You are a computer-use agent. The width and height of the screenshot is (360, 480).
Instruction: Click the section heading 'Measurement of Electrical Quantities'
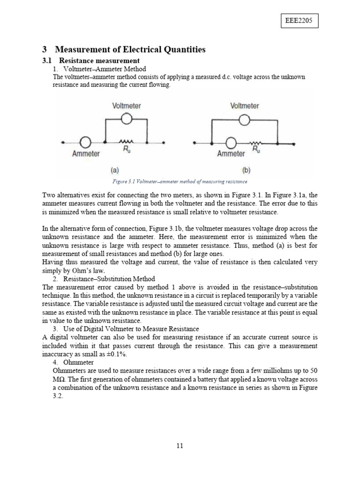coord(130,49)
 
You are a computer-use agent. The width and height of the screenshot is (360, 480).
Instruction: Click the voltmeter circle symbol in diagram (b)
coord(244,120)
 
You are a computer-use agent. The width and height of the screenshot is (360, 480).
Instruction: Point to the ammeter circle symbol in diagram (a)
coord(85,142)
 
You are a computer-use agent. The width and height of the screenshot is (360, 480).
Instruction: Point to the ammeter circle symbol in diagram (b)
coord(231,142)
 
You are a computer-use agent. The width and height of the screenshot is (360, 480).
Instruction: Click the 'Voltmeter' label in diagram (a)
coord(127,106)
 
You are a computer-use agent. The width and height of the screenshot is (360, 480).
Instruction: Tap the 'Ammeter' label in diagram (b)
coord(231,154)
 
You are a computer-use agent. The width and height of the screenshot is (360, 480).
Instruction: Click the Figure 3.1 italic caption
coord(180,181)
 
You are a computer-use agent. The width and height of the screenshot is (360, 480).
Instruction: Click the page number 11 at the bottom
coord(180,446)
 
